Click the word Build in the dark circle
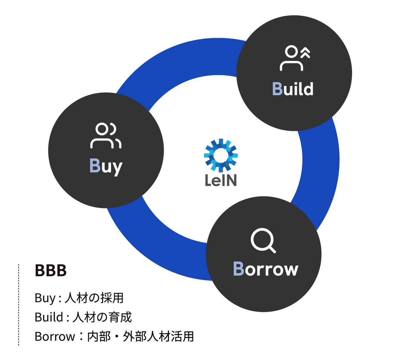click(x=293, y=88)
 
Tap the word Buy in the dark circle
click(x=106, y=167)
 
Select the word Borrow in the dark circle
click(x=266, y=269)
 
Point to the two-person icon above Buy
click(x=106, y=135)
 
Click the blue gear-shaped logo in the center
click(x=221, y=155)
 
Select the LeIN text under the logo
click(x=221, y=180)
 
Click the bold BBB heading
click(x=51, y=270)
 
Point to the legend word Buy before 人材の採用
click(x=45, y=298)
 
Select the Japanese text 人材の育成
click(x=102, y=317)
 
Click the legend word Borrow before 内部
click(x=55, y=336)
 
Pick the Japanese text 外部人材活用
click(x=158, y=336)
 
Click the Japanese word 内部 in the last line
click(x=99, y=336)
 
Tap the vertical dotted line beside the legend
click(x=19, y=305)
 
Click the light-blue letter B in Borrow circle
click(x=238, y=269)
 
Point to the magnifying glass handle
click(x=272, y=249)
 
